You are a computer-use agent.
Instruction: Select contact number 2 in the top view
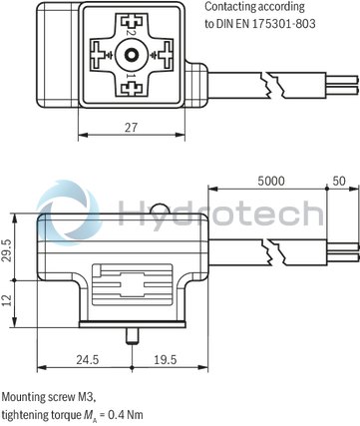tap(131, 33)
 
